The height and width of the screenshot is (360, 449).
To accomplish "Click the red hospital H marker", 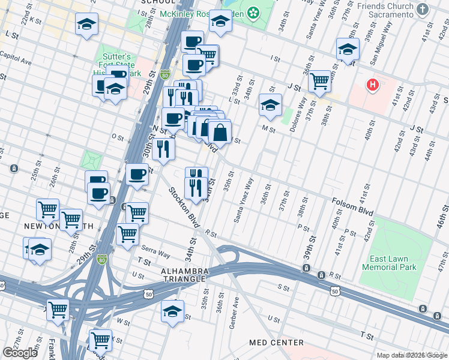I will tap(373, 86).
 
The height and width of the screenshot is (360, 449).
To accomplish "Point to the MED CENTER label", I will tap(277, 343).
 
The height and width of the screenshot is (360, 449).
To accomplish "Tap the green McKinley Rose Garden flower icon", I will tap(253, 11).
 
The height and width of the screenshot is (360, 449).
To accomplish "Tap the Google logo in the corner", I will tap(20, 353).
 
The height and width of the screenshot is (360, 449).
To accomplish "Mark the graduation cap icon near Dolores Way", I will tap(271, 104).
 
